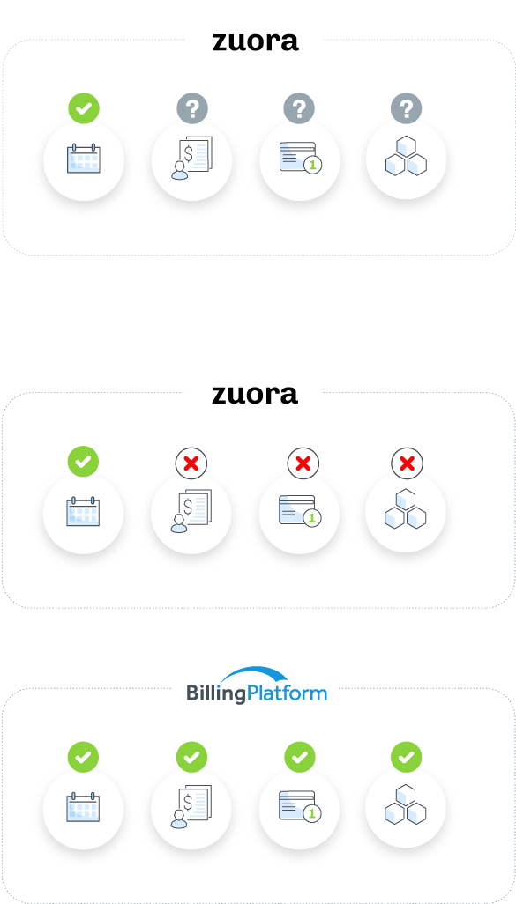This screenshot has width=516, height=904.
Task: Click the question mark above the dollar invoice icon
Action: click(192, 108)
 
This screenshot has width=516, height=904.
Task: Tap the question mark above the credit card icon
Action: click(299, 108)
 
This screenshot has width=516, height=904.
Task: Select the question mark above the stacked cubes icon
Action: click(407, 108)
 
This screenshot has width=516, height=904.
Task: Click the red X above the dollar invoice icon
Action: click(191, 463)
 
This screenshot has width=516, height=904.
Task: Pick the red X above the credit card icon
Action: click(303, 463)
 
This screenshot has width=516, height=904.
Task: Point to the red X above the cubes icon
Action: click(407, 463)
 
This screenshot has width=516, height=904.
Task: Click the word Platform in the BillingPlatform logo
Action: click(287, 692)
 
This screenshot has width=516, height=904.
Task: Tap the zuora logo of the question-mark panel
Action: click(256, 41)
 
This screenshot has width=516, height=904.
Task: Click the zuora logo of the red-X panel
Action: click(255, 395)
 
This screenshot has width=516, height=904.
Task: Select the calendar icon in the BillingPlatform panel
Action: click(83, 806)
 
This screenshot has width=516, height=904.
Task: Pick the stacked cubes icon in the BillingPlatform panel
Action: click(406, 804)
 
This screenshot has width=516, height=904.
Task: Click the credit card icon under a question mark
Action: click(301, 158)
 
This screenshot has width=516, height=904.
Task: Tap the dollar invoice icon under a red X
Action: click(191, 511)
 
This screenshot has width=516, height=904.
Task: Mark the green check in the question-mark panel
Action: click(84, 108)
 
